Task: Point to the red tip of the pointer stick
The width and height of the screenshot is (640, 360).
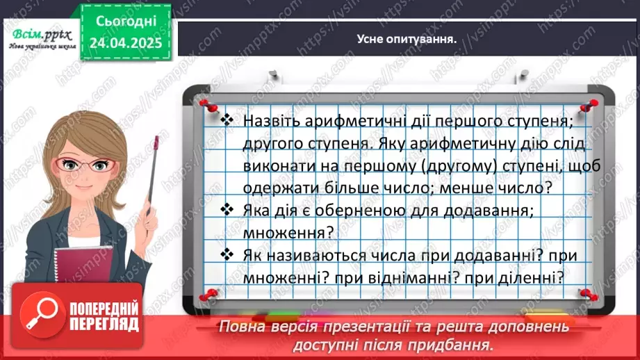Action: (156, 142)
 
